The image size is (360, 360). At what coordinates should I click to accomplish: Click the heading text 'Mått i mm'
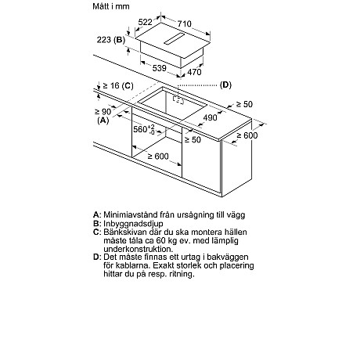[111, 6]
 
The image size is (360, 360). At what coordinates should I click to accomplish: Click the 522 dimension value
[145, 22]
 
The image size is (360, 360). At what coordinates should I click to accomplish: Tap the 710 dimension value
[185, 23]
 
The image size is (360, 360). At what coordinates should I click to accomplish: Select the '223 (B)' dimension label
[111, 40]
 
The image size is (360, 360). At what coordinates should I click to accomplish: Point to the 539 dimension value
[160, 68]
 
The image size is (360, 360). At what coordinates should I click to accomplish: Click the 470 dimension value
[194, 72]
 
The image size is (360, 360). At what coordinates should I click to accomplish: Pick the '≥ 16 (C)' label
[118, 85]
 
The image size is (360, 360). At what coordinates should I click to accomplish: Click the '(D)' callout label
[225, 85]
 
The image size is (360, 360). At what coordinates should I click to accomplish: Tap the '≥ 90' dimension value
[103, 112]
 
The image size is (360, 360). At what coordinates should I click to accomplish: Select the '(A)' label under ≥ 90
[103, 121]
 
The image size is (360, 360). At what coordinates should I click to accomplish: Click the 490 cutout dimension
[210, 117]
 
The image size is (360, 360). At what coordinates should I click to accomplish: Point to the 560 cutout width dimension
[144, 129]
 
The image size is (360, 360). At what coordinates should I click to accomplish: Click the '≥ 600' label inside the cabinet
[158, 156]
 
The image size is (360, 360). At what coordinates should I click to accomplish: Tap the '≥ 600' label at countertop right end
[247, 135]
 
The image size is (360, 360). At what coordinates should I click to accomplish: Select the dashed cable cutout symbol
[178, 99]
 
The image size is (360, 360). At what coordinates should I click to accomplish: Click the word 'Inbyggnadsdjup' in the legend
[133, 224]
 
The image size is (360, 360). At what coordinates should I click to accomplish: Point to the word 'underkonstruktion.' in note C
[139, 249]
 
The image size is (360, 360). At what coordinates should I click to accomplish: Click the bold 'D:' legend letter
[97, 257]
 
